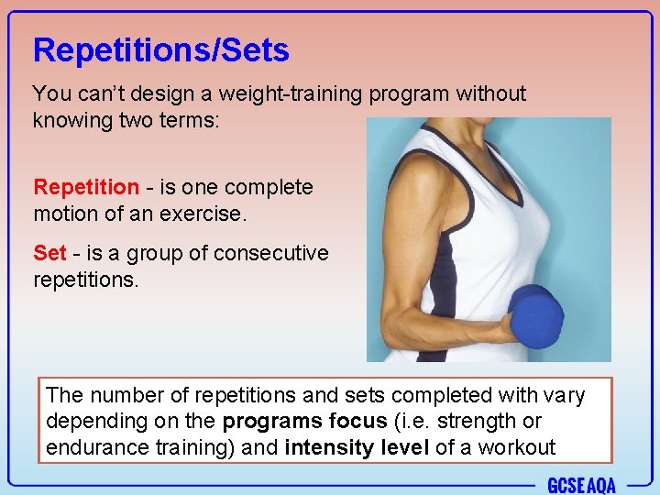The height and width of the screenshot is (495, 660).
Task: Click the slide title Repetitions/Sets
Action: (x=160, y=50)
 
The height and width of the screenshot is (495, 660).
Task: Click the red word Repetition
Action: (x=86, y=187)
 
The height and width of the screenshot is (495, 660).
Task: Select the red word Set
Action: (x=49, y=253)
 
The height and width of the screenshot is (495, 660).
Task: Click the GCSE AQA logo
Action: (x=581, y=485)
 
